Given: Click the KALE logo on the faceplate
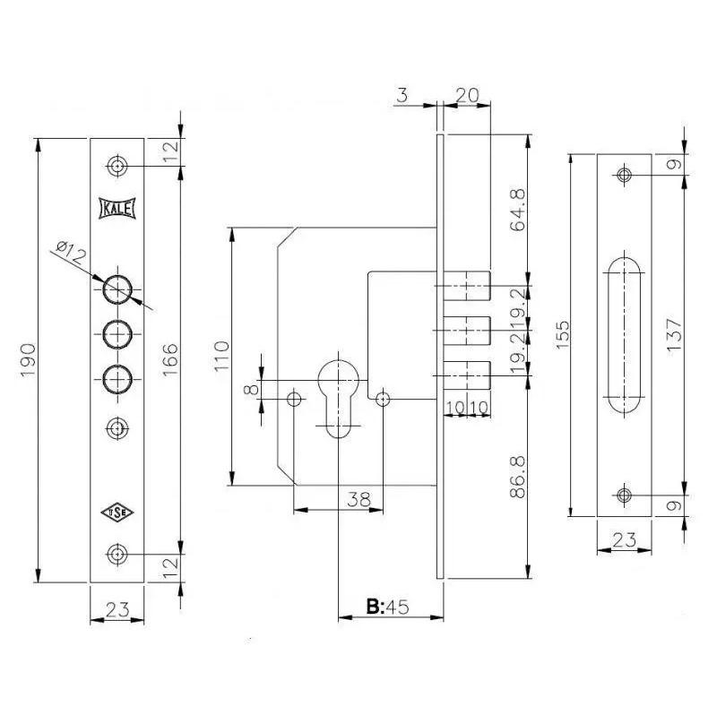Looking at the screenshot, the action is pos(117,209).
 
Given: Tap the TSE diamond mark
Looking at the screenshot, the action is pos(117,513).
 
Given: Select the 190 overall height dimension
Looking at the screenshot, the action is pos(28,360).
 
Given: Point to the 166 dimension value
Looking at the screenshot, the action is pos(169,360).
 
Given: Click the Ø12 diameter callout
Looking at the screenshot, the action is pos(72,253).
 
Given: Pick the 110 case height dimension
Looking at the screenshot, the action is pos(221,356).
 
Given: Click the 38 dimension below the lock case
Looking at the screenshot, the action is pos(359,499).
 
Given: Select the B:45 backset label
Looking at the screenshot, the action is pos(387,607).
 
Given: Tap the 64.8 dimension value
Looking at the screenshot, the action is pos(518,211).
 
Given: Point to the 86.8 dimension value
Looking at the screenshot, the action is pos(518,478).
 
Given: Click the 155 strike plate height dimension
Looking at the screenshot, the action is pos(563,334).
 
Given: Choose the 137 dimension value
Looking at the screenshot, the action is pos(675,334).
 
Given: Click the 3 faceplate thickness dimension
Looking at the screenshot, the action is pos(402,95).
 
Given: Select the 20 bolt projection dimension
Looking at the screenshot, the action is pos(467,95).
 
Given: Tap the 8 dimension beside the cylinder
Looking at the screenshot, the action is pos(251,390).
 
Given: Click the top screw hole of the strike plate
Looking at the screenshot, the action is pos(624,175).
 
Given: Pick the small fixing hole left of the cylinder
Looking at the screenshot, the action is pos(294,399).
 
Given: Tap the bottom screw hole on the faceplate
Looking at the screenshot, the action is pos(117,555).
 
